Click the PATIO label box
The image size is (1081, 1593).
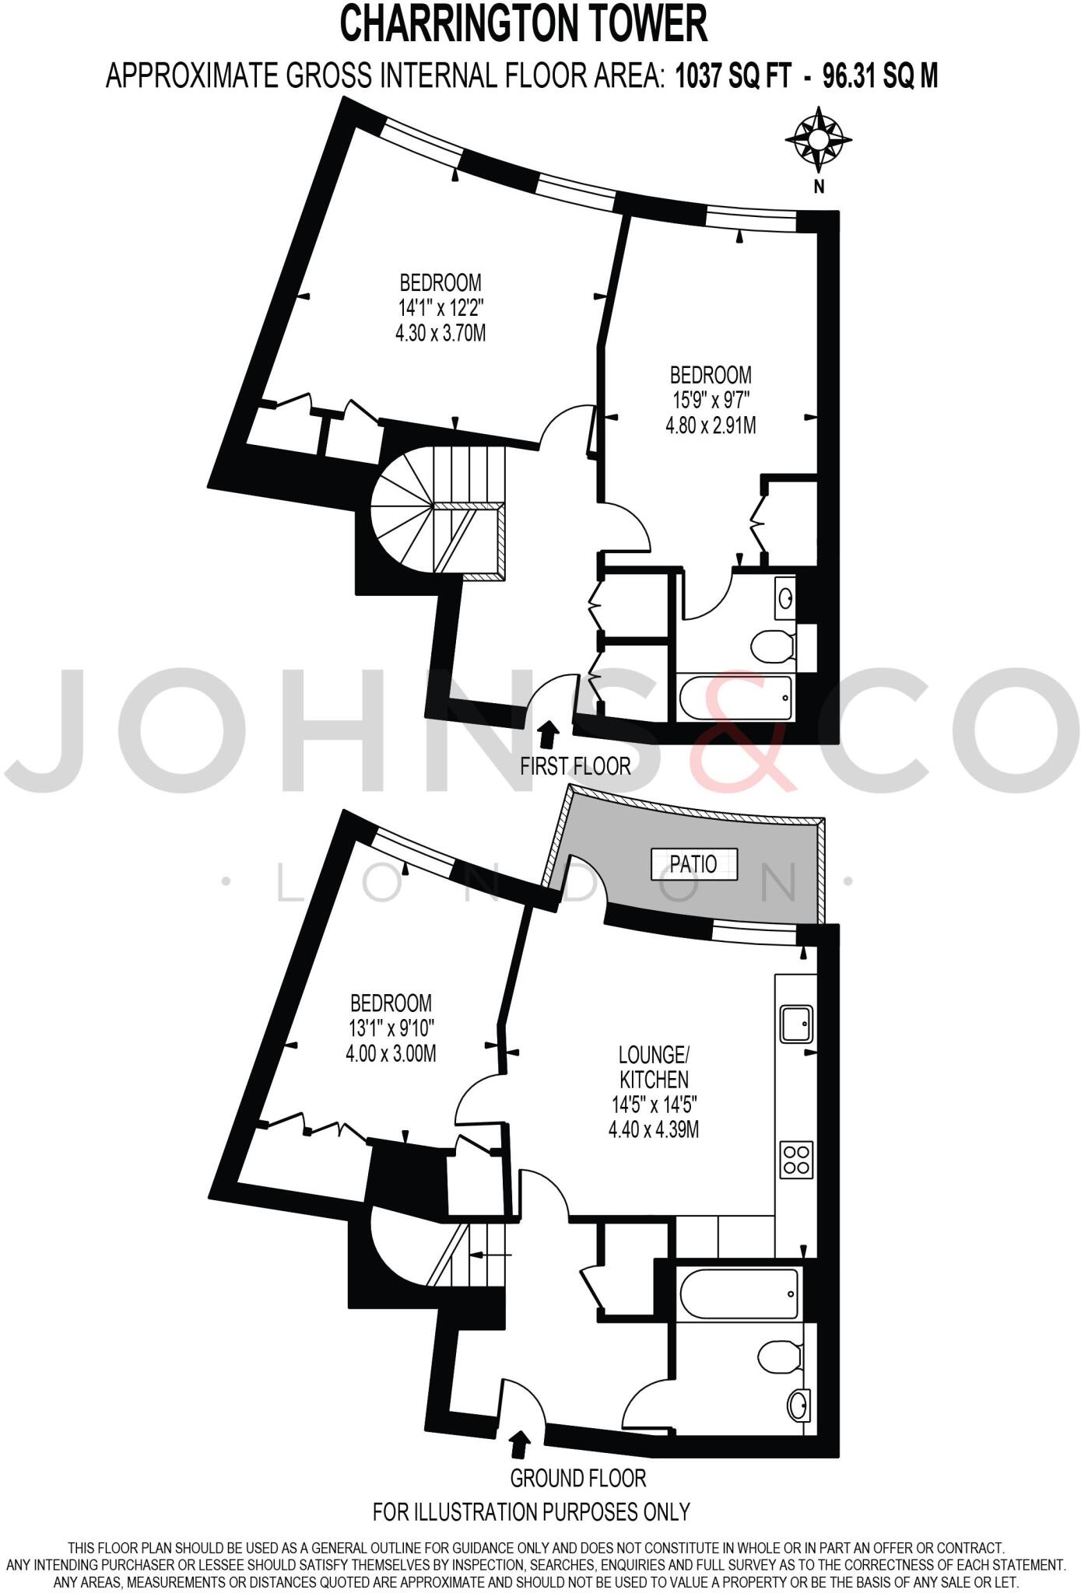click(x=693, y=864)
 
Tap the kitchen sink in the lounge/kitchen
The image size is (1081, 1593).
click(x=796, y=1023)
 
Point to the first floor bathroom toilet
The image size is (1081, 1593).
click(x=773, y=645)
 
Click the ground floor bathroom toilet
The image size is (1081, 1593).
click(x=781, y=1357)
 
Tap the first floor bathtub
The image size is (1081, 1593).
click(x=736, y=698)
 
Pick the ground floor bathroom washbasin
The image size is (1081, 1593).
click(x=798, y=1406)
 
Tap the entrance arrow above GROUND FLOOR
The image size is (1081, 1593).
click(x=519, y=1445)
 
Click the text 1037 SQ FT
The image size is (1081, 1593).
click(x=733, y=76)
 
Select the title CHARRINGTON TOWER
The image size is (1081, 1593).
click(x=524, y=24)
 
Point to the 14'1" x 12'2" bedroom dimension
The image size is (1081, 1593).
click(x=440, y=308)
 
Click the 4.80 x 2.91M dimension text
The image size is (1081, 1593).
click(x=710, y=425)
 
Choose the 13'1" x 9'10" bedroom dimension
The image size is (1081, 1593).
click(x=391, y=1028)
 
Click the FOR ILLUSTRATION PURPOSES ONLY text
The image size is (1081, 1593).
click(x=532, y=1511)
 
